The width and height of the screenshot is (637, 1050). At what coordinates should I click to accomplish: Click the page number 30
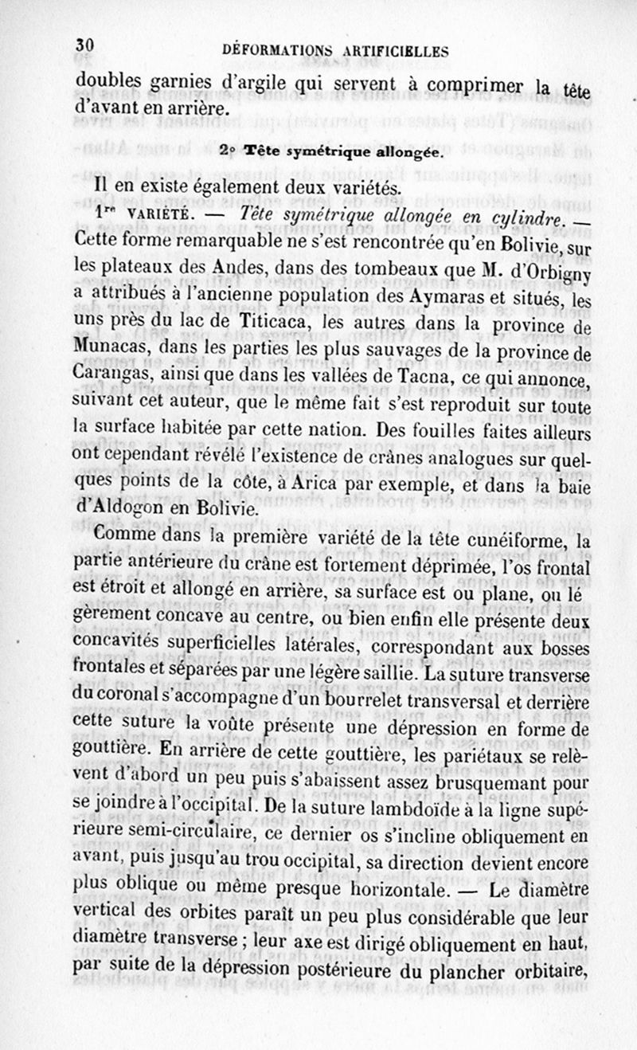pos(85,45)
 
